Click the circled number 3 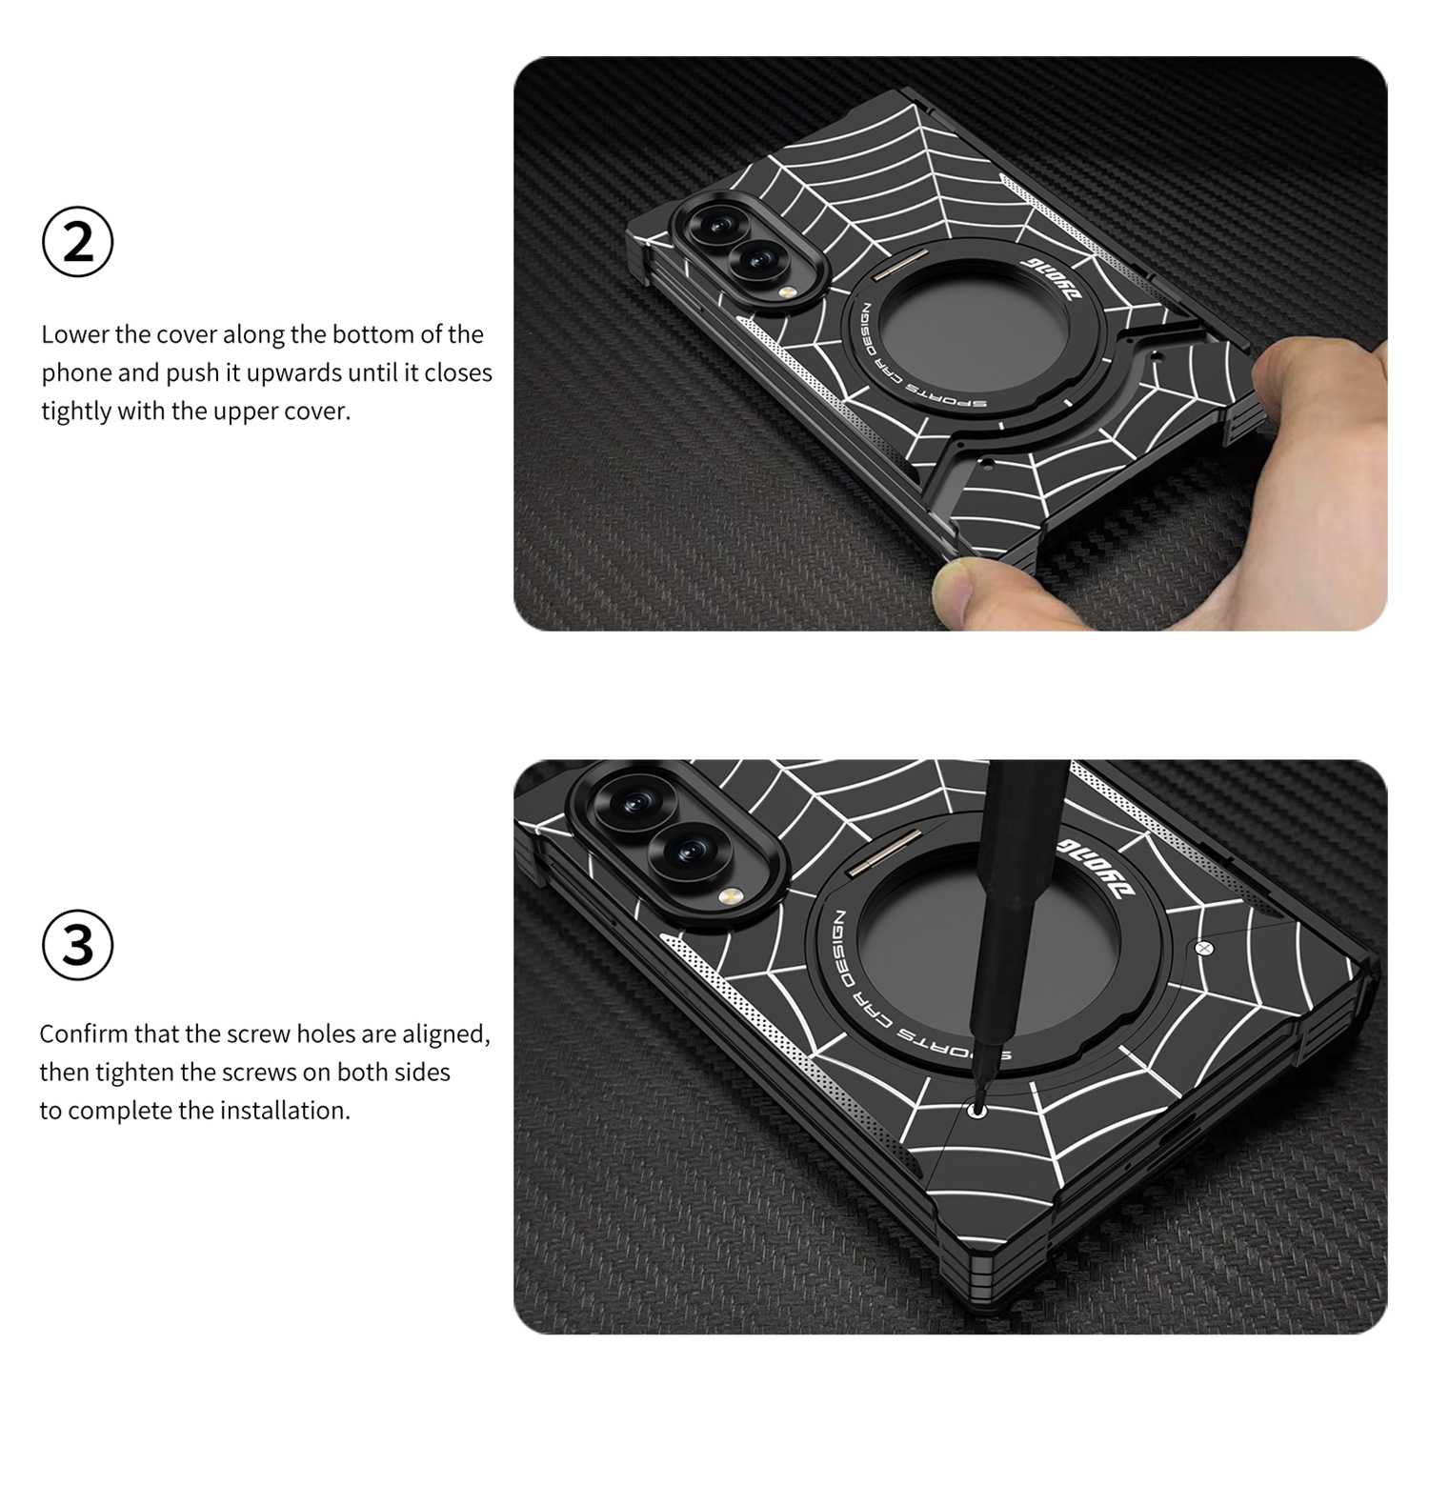point(78,945)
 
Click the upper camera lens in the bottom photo point(634,805)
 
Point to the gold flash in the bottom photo point(730,895)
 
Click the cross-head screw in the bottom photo point(1204,948)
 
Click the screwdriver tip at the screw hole point(976,1108)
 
